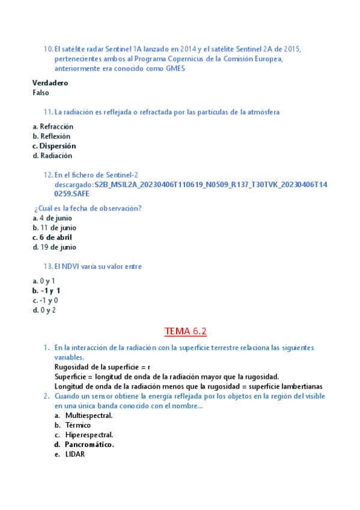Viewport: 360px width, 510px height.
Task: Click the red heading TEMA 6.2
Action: click(x=185, y=331)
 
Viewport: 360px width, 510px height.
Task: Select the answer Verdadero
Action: click(x=50, y=83)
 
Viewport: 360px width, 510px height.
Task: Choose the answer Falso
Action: click(x=41, y=93)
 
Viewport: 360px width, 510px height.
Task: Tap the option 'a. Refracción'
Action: click(x=53, y=127)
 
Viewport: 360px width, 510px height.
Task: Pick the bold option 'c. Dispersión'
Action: click(x=54, y=146)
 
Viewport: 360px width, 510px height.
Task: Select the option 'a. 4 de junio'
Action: click(x=52, y=218)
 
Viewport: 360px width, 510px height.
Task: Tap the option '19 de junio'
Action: click(x=58, y=247)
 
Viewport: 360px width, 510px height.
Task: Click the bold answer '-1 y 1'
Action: click(x=50, y=290)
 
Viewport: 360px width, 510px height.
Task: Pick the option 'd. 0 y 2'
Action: click(x=44, y=310)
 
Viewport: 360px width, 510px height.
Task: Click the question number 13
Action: click(x=48, y=266)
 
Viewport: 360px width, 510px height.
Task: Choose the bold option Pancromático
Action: click(x=90, y=444)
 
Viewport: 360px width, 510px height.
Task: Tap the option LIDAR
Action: click(x=75, y=454)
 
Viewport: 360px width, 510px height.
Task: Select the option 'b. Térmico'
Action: click(x=78, y=425)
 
